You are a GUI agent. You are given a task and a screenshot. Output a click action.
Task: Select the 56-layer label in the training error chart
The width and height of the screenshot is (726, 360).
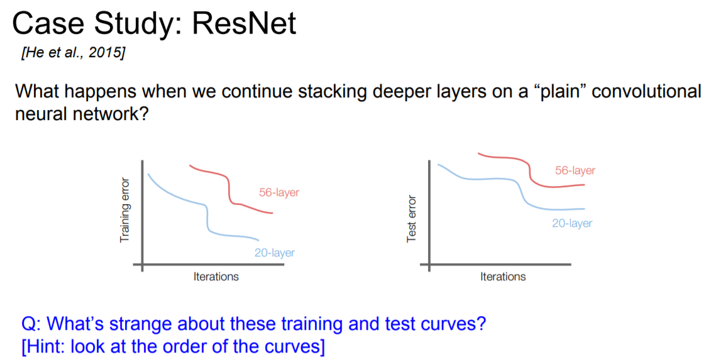point(279,192)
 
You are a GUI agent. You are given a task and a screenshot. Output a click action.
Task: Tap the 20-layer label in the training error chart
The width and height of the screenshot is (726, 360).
point(275,253)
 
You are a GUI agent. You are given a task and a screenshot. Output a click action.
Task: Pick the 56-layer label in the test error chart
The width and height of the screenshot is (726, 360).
point(575,171)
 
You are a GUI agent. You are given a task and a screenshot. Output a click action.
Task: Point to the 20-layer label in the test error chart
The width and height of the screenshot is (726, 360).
point(572,224)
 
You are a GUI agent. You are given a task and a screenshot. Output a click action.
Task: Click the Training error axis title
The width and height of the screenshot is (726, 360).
point(124,210)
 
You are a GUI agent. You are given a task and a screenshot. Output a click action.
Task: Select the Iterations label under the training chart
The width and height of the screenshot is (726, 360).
point(216,277)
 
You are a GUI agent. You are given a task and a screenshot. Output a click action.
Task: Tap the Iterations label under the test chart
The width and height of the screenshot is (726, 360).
point(503,277)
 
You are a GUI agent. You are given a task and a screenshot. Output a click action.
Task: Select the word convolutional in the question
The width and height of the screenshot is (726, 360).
point(647,92)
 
